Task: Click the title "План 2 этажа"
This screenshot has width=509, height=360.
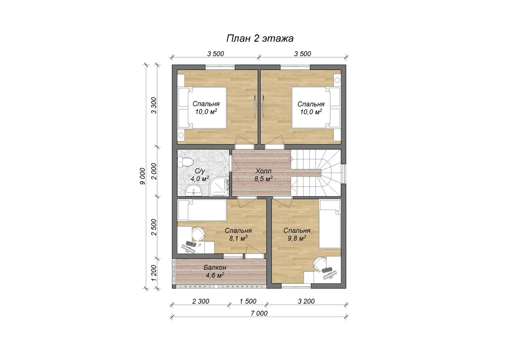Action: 260,38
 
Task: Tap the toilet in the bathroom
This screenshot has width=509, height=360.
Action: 186,162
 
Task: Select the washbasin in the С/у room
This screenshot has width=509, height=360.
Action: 194,190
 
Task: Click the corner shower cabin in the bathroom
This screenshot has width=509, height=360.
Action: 219,186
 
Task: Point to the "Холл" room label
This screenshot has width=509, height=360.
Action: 263,171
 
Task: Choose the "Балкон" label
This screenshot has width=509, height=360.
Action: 215,267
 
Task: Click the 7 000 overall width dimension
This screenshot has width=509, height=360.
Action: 259,313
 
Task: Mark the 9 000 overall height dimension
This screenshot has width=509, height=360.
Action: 143,176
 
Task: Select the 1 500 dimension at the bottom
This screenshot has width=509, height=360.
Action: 248,301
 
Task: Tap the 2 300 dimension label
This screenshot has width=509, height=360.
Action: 201,301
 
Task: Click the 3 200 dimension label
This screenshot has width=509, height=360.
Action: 306,301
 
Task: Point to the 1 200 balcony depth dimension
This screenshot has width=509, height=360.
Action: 154,273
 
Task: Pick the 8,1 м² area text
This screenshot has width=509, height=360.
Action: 238,238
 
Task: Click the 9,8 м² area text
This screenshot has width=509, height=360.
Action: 297,238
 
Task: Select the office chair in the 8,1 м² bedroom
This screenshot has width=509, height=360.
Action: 199,233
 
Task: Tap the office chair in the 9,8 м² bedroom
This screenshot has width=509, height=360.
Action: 319,264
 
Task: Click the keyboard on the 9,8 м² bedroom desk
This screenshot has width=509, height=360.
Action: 327,270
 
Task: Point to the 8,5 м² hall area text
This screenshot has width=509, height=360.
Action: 263,179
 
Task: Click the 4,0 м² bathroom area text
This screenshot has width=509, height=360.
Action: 200,179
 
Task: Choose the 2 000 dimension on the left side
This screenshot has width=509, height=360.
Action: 154,171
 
